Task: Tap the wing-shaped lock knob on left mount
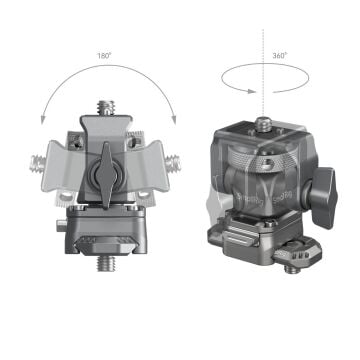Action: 105,181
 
